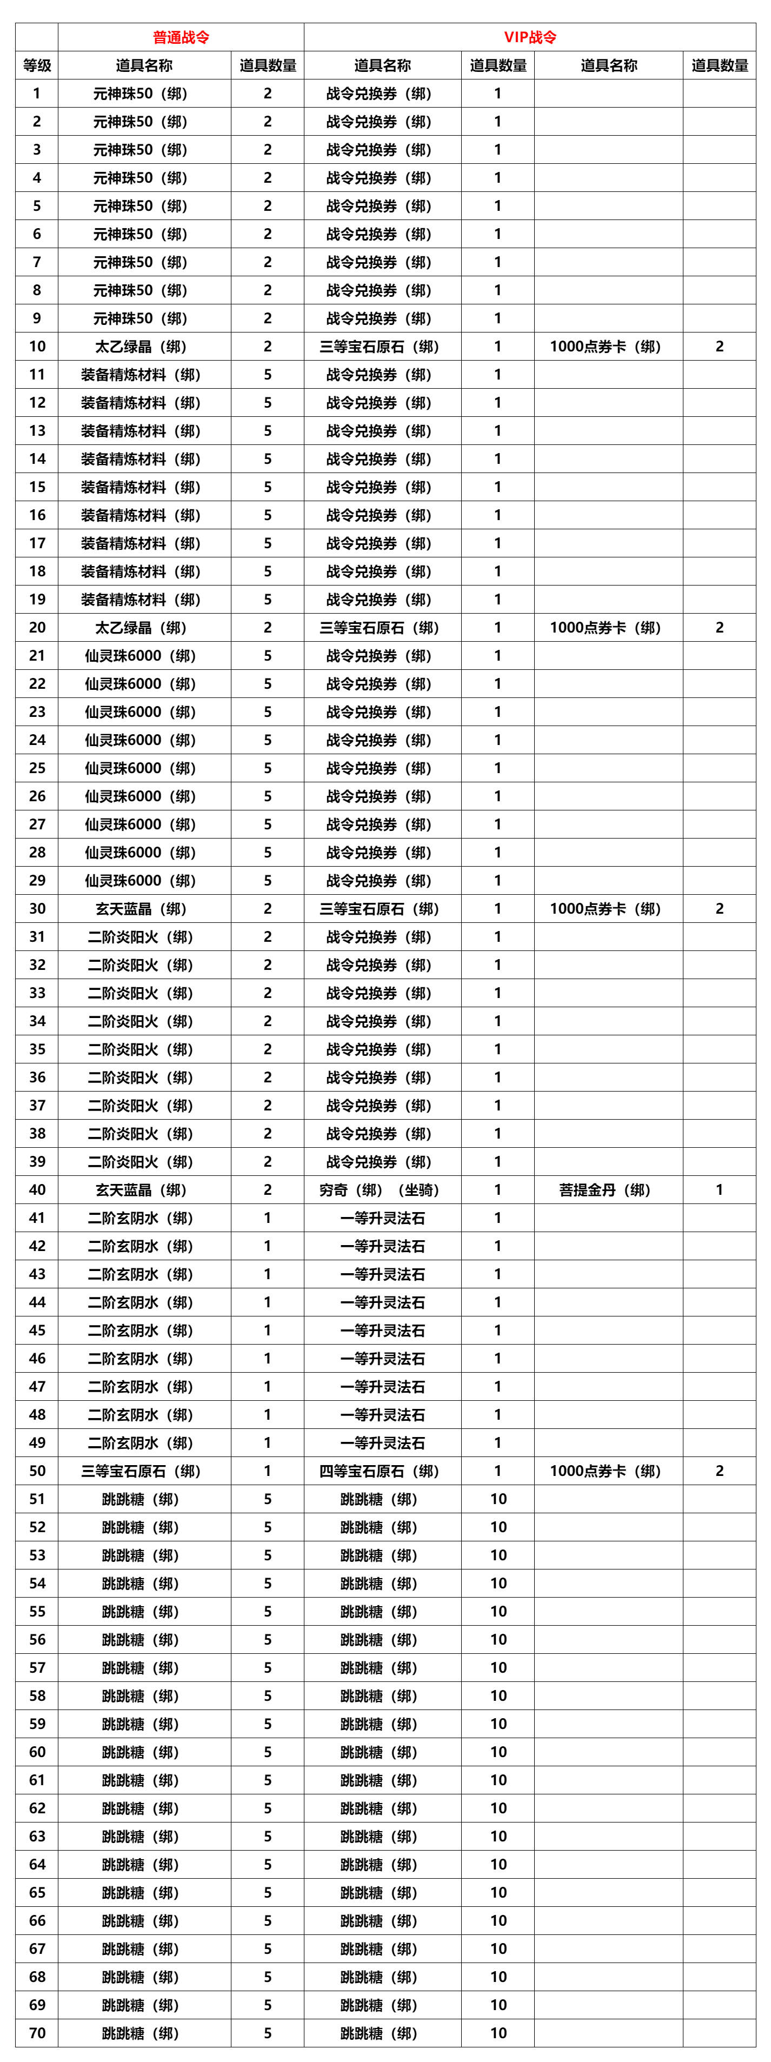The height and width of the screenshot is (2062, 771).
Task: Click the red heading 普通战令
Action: (x=181, y=37)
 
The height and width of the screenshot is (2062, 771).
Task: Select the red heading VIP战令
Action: (x=530, y=37)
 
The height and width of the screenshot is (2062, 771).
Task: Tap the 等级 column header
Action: (x=37, y=65)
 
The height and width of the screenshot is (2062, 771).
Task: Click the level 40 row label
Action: (x=37, y=1189)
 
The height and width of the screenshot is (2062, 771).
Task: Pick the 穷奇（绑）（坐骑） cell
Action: (x=380, y=1189)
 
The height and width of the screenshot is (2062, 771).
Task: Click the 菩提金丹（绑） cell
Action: (x=605, y=1189)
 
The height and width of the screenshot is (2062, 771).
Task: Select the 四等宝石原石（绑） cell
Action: (x=380, y=1471)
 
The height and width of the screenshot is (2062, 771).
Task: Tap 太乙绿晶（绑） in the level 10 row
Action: (x=141, y=347)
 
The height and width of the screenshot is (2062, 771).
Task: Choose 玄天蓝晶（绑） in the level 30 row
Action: (x=141, y=908)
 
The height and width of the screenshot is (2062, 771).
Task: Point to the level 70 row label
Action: (x=37, y=2032)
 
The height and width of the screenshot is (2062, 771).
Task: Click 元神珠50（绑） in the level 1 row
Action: (x=141, y=94)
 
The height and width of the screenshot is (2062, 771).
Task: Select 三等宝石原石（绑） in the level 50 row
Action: (x=141, y=1471)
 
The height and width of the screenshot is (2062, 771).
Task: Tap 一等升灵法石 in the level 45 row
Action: (x=383, y=1331)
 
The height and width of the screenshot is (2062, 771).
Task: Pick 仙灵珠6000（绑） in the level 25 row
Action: (x=141, y=768)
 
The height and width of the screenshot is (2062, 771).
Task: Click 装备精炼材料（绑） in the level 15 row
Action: (x=141, y=487)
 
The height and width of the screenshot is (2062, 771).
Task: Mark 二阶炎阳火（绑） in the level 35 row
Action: (x=141, y=1049)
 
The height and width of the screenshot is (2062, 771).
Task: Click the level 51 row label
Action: (x=37, y=1499)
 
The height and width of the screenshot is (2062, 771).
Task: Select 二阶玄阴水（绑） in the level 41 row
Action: (x=141, y=1218)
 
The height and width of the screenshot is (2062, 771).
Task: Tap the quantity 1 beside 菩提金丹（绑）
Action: (x=719, y=1189)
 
